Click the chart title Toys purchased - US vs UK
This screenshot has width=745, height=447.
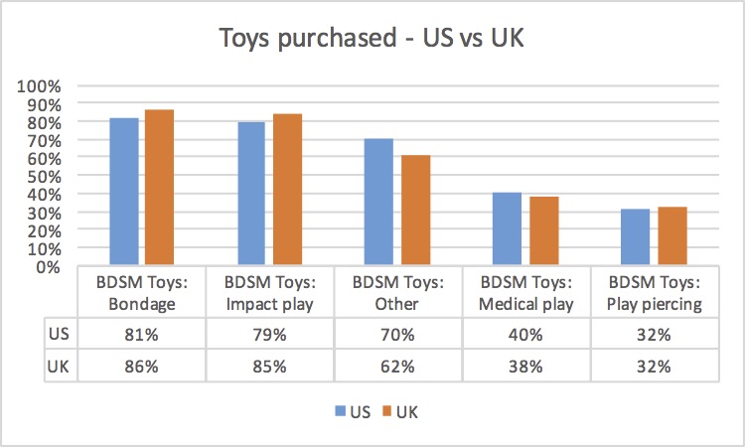coord(372,41)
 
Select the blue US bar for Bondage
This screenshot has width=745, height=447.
coord(124,192)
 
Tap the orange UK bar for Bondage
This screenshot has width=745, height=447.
coord(159,188)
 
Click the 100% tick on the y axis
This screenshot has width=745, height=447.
coord(40,85)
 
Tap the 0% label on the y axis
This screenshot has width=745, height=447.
coord(48,266)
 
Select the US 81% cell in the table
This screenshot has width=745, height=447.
coord(141,335)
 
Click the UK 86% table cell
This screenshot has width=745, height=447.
coord(141,366)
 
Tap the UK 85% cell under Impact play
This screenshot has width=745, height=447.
coord(269,366)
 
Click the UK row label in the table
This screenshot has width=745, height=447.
coord(58,366)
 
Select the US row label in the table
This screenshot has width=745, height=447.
coord(58,335)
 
